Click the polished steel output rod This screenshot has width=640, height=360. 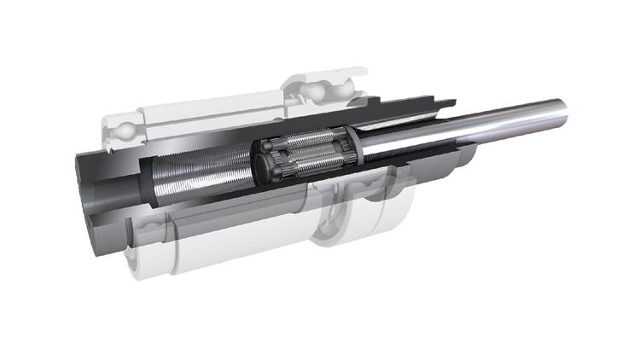point(478,124)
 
